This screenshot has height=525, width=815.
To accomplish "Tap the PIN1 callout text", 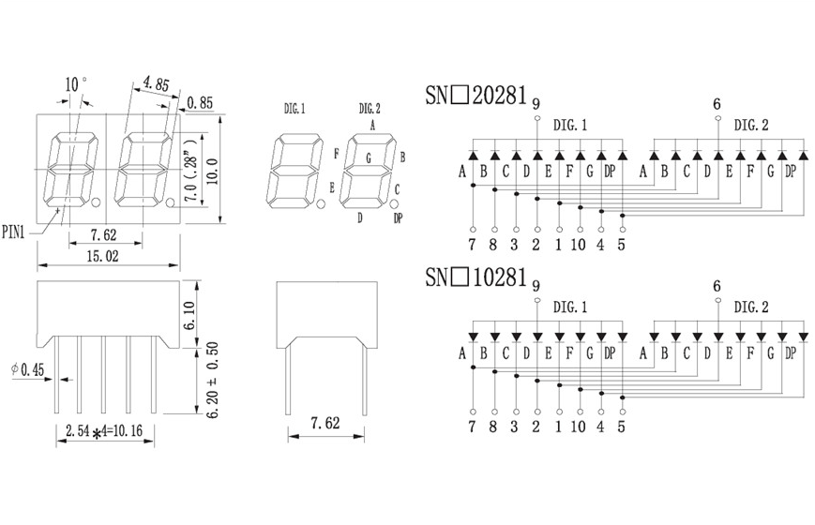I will click(x=17, y=227).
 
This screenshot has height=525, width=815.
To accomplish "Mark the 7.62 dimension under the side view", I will click(x=324, y=424).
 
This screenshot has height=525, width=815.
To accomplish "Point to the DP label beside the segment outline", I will click(x=399, y=217).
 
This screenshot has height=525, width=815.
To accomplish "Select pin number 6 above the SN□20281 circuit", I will click(x=717, y=104).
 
